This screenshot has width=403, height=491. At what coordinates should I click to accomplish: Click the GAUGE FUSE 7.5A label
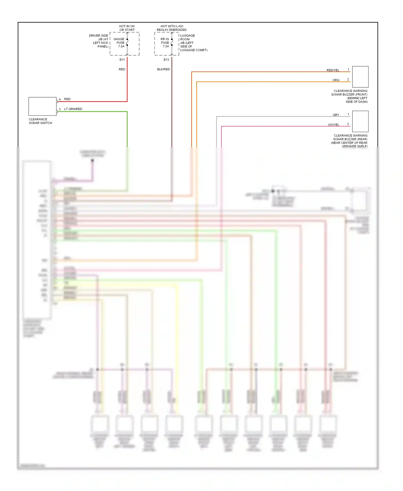(x=119, y=43)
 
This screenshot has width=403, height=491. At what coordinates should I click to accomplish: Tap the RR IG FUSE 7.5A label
(x=165, y=43)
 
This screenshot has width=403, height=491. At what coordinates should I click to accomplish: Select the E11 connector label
(x=122, y=60)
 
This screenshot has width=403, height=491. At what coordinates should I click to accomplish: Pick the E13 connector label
(x=166, y=60)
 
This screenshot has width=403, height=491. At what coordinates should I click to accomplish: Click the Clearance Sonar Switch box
(x=42, y=106)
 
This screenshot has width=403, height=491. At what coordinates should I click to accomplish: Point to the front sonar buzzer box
(x=360, y=77)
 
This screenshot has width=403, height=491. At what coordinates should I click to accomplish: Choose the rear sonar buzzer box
(x=360, y=121)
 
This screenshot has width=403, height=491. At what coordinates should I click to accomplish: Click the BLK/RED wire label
(x=163, y=69)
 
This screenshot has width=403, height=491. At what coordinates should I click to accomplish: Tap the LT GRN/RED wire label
(x=73, y=109)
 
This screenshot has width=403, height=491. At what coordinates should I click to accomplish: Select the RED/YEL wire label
(x=333, y=70)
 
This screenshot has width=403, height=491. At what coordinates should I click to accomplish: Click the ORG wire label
(x=336, y=80)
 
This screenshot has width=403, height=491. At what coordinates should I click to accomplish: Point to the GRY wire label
(x=336, y=115)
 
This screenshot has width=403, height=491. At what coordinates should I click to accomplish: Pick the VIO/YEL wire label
(x=333, y=125)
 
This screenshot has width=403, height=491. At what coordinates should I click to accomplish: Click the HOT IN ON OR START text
(x=127, y=28)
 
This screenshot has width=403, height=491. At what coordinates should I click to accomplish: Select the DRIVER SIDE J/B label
(x=99, y=41)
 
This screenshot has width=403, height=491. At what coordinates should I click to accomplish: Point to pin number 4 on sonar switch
(x=60, y=99)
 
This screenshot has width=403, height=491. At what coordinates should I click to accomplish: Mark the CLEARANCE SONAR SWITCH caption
(x=40, y=121)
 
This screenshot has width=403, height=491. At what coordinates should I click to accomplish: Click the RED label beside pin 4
(x=67, y=99)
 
